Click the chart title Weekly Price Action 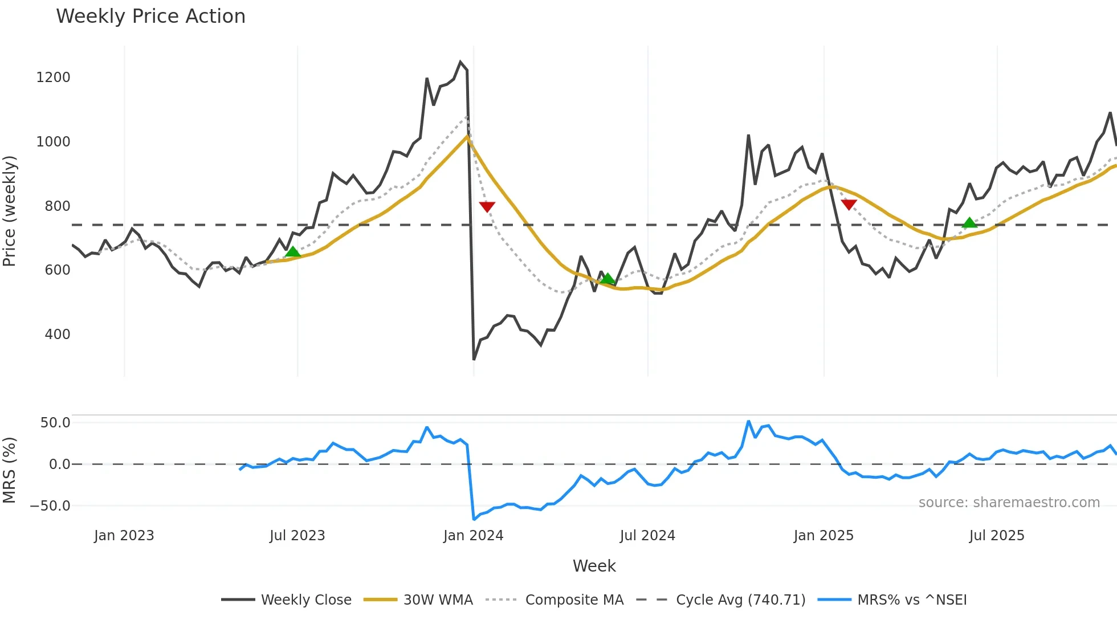click(x=150, y=17)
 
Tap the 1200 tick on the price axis click(x=53, y=78)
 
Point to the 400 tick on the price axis click(x=58, y=335)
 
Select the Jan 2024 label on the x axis click(x=473, y=536)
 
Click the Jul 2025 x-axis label click(x=996, y=536)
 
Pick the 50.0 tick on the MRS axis click(x=55, y=423)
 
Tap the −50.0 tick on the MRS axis click(x=50, y=506)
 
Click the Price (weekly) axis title click(x=10, y=211)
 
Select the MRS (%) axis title click(x=10, y=470)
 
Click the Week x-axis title click(x=594, y=566)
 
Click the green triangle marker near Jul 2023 click(x=292, y=252)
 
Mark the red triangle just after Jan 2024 click(x=487, y=206)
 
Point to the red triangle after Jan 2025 click(x=849, y=205)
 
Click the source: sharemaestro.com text click(x=1009, y=503)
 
